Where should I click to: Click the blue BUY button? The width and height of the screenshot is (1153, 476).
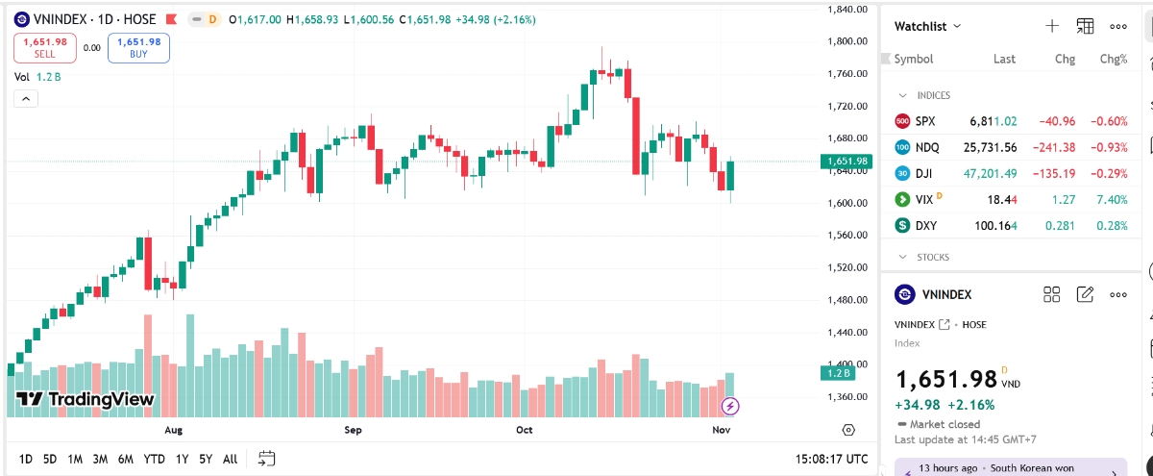click(x=138, y=48)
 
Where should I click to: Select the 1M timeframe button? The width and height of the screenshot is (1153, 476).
click(x=75, y=459)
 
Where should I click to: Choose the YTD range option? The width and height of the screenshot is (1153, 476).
click(x=154, y=459)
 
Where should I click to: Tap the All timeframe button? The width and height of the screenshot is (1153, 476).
click(x=230, y=459)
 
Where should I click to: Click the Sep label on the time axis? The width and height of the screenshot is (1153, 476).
click(x=354, y=430)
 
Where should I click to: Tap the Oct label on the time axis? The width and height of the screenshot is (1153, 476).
click(x=524, y=430)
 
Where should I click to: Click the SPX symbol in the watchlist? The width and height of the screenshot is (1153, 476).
click(x=924, y=121)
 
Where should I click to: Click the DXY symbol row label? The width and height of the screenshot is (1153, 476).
click(x=925, y=226)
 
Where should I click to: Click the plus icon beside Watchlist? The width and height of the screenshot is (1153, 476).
click(x=1052, y=26)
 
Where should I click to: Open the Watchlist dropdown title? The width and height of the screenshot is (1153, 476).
click(x=927, y=26)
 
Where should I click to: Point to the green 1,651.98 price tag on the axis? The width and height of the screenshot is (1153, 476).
click(x=846, y=162)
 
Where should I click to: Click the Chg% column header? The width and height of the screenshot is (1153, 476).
click(x=1114, y=59)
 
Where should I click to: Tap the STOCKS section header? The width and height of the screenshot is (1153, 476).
click(x=933, y=257)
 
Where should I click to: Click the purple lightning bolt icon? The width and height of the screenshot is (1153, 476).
click(x=730, y=406)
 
